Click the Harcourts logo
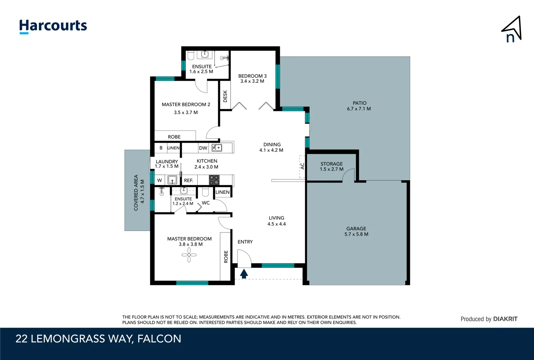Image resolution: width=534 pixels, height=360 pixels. [x=53, y=26]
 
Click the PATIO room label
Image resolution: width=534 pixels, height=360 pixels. [x=359, y=106]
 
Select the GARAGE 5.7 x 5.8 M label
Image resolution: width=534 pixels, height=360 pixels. [x=356, y=231]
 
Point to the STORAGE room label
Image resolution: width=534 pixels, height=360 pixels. [x=331, y=166]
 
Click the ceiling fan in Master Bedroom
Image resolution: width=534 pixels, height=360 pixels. [x=189, y=255]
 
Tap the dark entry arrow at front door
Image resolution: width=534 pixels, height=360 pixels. [x=244, y=274]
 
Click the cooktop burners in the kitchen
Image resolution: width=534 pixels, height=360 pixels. [x=214, y=180]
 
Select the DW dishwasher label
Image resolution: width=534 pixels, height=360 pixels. [x=203, y=148]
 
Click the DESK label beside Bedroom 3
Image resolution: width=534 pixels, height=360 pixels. [x=225, y=96]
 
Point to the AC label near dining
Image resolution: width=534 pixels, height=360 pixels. [x=302, y=166]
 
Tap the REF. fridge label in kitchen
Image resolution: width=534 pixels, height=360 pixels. [x=188, y=180]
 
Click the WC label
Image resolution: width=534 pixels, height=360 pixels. [x=206, y=203]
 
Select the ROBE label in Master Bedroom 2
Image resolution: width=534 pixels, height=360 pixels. [x=174, y=137]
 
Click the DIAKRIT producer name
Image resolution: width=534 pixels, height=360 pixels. [x=505, y=319]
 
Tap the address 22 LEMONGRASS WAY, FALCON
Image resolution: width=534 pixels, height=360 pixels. [x=98, y=339]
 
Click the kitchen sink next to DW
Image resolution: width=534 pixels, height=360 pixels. [x=217, y=148]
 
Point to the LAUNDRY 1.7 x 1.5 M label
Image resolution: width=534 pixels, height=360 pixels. [x=167, y=164]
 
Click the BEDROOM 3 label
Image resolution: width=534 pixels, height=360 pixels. [x=252, y=78]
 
